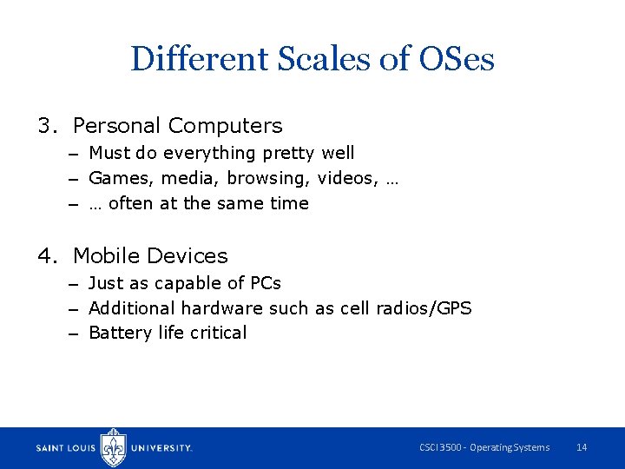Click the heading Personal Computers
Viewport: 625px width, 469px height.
click(x=177, y=126)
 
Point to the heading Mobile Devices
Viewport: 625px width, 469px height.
click(x=150, y=256)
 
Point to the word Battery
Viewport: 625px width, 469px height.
click(x=116, y=333)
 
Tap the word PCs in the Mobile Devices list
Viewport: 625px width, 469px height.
click(x=264, y=283)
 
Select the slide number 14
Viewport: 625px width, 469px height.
click(x=582, y=447)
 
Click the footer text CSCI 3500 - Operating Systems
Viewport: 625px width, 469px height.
click(x=484, y=447)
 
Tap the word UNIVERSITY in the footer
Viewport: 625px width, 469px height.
click(x=161, y=448)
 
